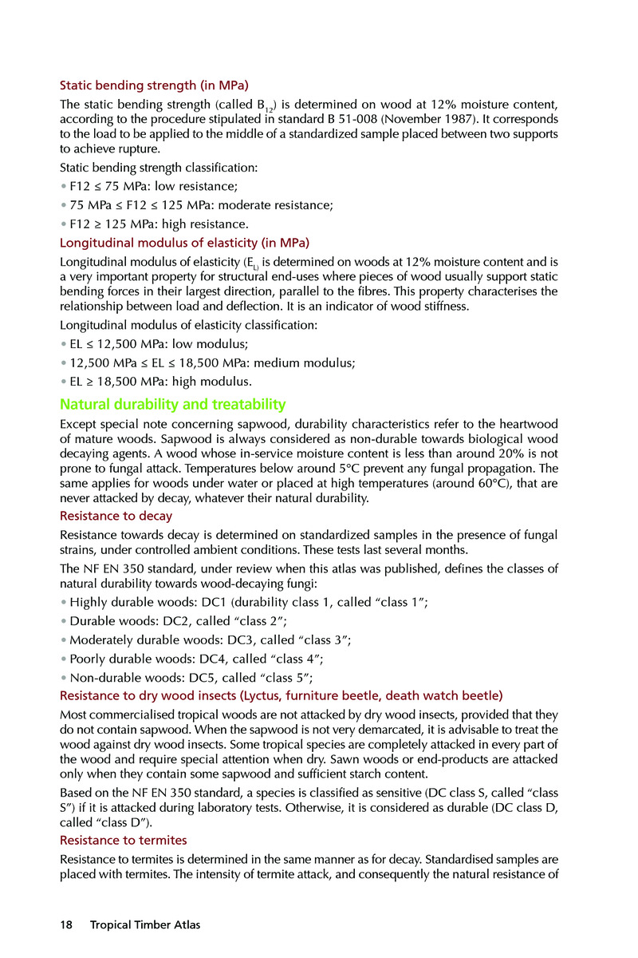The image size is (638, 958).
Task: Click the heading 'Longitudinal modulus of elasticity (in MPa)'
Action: click(184, 242)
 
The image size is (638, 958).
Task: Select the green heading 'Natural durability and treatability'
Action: click(173, 404)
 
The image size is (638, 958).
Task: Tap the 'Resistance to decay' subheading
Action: click(116, 516)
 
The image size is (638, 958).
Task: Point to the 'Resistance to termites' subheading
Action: click(124, 840)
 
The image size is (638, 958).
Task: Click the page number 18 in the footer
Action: click(66, 925)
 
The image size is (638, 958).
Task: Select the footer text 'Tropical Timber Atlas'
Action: click(145, 925)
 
